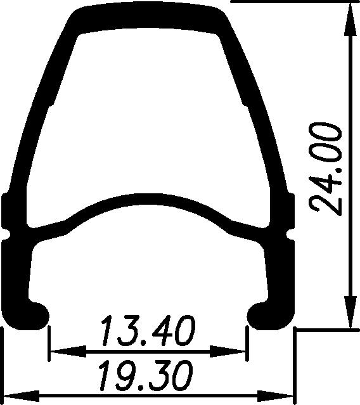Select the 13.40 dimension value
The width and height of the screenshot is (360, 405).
point(147,331)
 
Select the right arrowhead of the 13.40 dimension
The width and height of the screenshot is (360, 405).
point(237,349)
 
